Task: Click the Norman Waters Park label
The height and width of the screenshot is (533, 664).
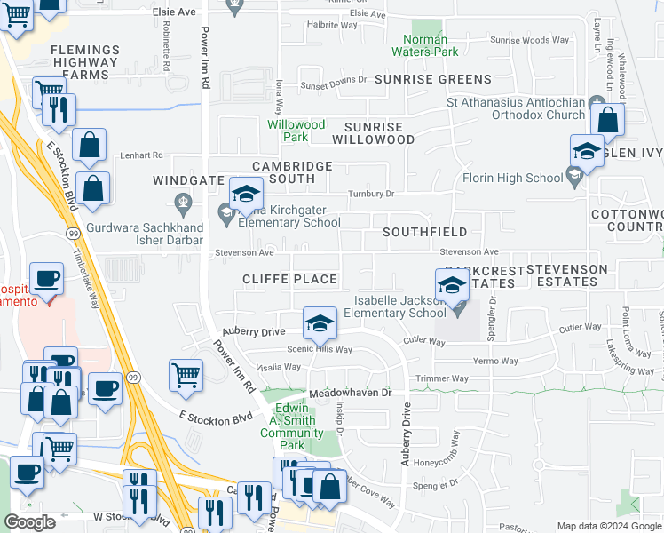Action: coord(431,45)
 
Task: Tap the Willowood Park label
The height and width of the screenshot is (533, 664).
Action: coord(296,131)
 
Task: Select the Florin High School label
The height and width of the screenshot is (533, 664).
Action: coord(513,178)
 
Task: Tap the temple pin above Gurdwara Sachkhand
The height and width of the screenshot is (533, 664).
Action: coord(183,202)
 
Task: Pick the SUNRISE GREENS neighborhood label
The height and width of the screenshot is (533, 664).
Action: coord(420,79)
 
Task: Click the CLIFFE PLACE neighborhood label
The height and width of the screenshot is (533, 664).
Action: coord(290,279)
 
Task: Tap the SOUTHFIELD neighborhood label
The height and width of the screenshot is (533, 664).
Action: coord(424,232)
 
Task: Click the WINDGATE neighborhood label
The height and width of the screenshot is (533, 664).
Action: coord(188,179)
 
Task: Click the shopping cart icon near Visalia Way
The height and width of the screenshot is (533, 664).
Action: coord(186,375)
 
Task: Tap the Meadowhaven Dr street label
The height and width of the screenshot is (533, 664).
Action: coord(350,392)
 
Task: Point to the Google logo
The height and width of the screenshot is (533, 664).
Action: coord(29,523)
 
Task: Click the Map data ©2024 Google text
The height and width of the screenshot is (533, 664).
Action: coord(609,526)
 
